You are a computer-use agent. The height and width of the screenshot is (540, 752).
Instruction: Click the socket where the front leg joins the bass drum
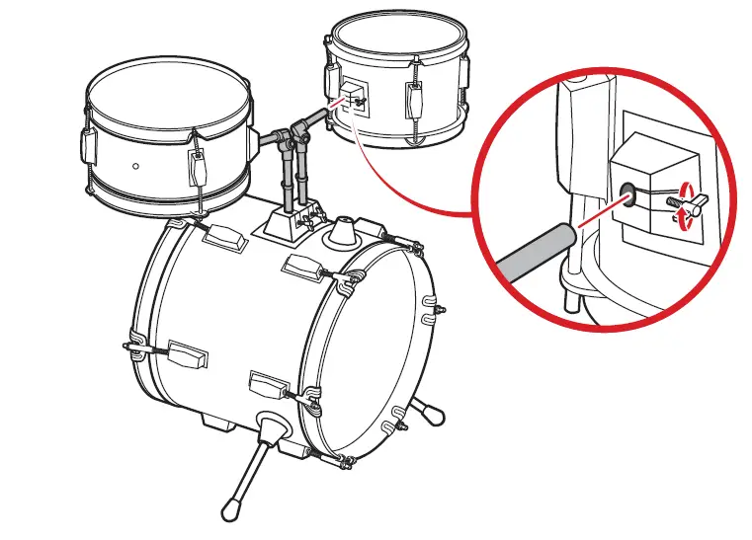pos(268,427)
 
